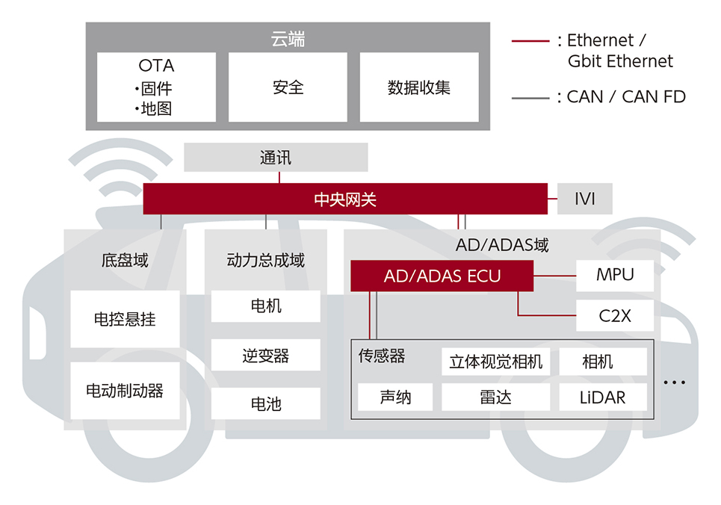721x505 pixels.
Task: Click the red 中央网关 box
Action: click(x=345, y=199)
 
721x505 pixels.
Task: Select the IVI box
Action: click(x=584, y=199)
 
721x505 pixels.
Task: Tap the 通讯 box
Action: click(x=276, y=158)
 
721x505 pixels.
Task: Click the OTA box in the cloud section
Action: click(x=156, y=87)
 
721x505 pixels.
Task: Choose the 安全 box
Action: click(x=288, y=87)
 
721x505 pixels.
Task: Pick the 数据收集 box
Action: click(x=419, y=87)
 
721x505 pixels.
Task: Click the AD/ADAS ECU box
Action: click(x=442, y=276)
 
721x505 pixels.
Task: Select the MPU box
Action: click(x=615, y=275)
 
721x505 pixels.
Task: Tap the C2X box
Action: click(x=615, y=315)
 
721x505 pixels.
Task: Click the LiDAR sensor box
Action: click(x=603, y=397)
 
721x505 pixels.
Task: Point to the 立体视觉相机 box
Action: click(x=495, y=362)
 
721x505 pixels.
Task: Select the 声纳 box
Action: click(x=395, y=397)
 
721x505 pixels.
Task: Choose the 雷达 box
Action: click(x=495, y=397)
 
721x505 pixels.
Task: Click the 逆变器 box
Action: click(x=266, y=355)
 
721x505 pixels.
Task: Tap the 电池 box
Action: click(x=266, y=403)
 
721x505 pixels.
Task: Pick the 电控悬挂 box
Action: click(x=125, y=319)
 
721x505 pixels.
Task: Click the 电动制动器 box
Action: click(x=125, y=391)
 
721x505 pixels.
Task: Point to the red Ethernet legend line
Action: click(x=530, y=41)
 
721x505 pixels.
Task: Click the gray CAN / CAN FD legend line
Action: click(x=530, y=98)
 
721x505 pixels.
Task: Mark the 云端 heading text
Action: click(x=288, y=39)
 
